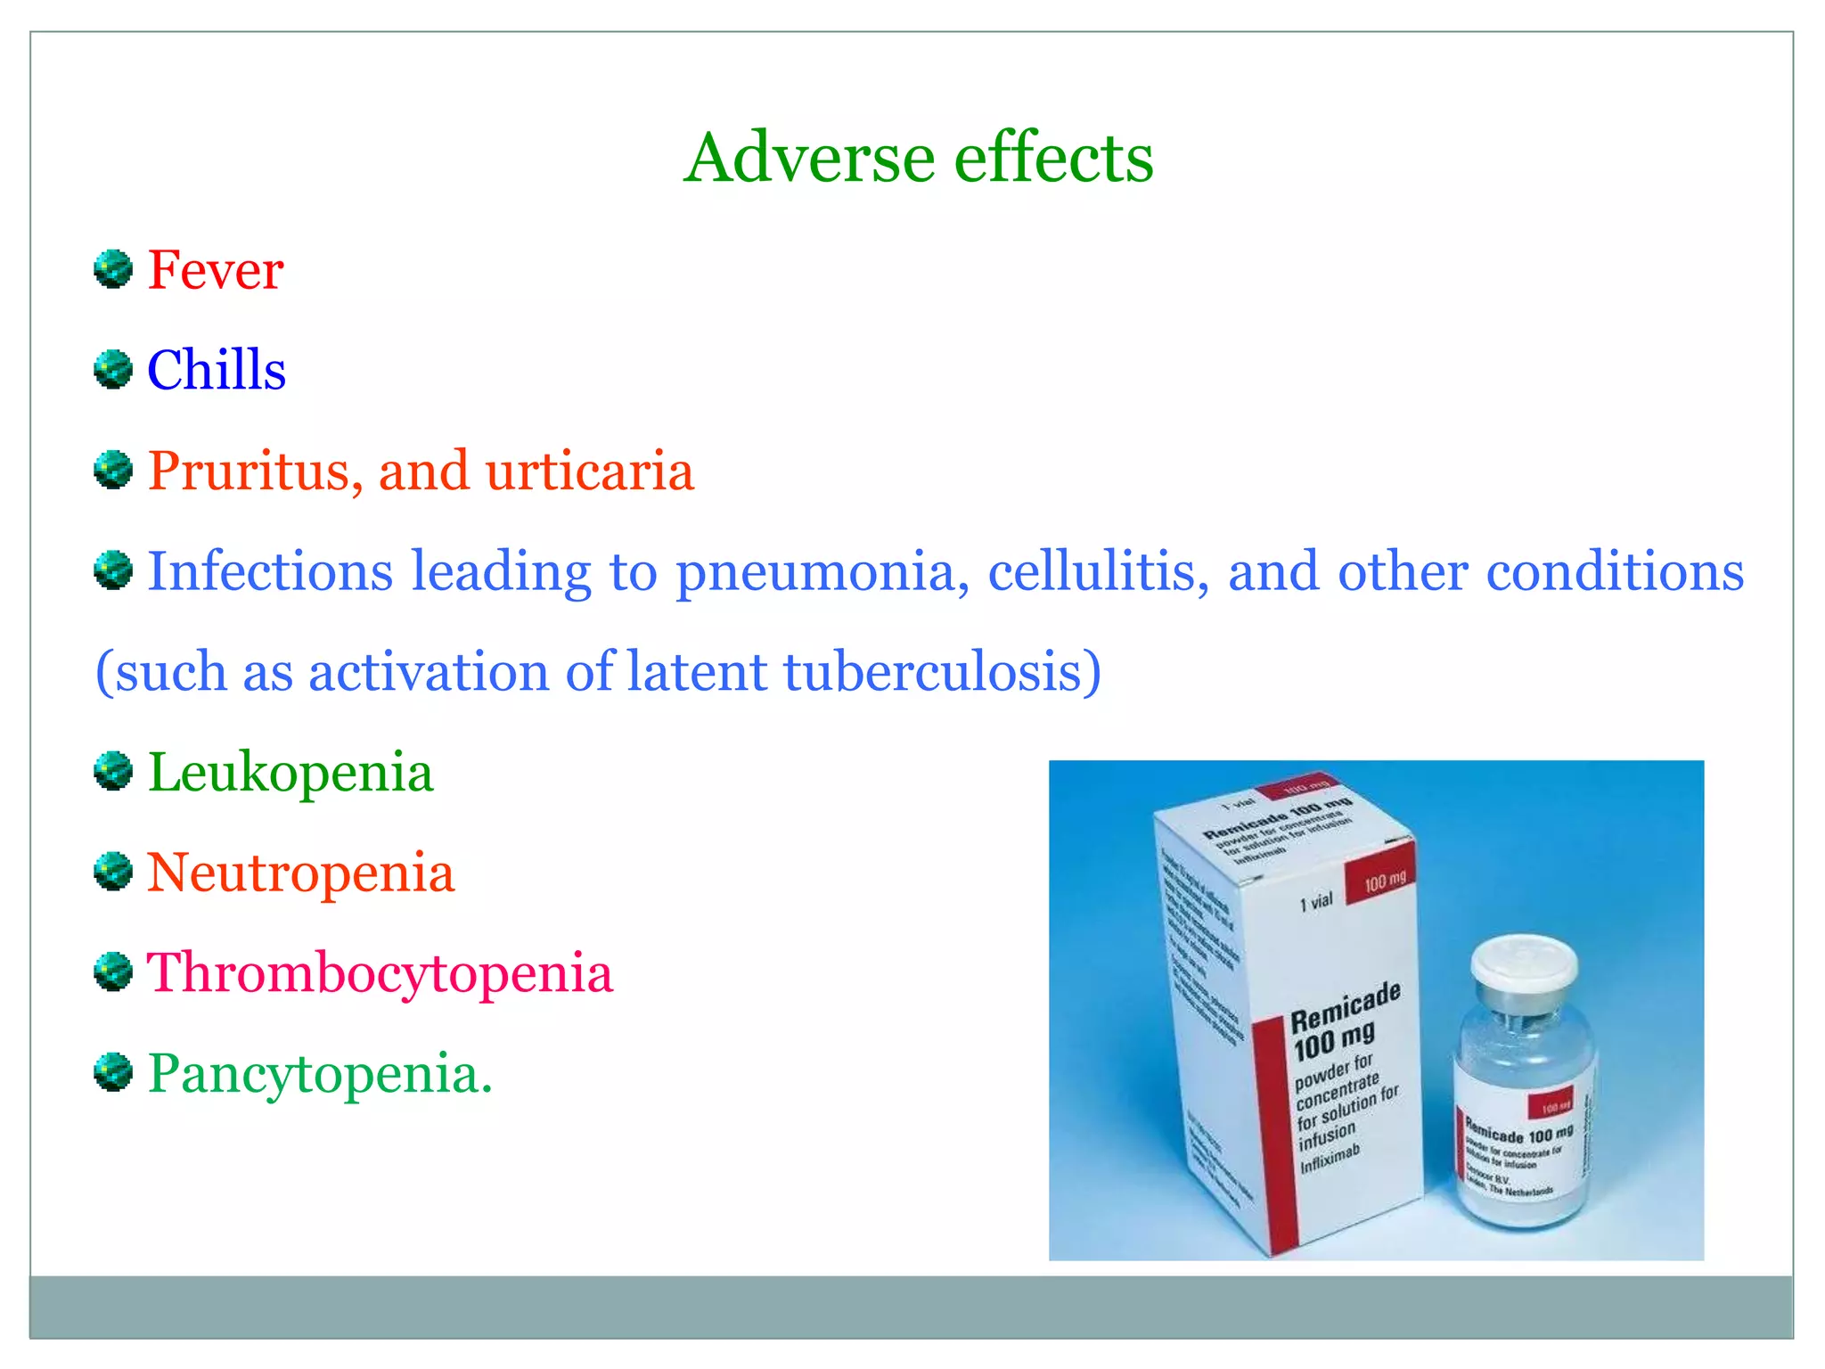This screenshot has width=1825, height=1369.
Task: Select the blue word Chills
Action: click(x=217, y=370)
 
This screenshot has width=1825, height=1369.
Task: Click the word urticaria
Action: click(x=589, y=471)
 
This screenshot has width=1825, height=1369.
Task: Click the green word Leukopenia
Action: click(x=291, y=772)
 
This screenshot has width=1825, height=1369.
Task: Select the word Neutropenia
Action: click(x=300, y=873)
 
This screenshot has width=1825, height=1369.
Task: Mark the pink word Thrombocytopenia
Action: click(x=380, y=972)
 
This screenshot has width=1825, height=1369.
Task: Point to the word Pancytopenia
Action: click(x=319, y=1073)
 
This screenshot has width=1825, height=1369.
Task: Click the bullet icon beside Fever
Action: click(x=113, y=269)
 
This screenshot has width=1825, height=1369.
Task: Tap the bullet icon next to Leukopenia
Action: click(x=113, y=772)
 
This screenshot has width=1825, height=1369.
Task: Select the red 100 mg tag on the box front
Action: click(x=1379, y=881)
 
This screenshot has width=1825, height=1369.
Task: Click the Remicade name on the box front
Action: click(x=1345, y=1005)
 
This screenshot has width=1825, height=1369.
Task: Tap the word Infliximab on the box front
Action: click(x=1330, y=1159)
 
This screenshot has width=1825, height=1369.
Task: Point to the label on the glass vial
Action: click(x=1519, y=1150)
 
